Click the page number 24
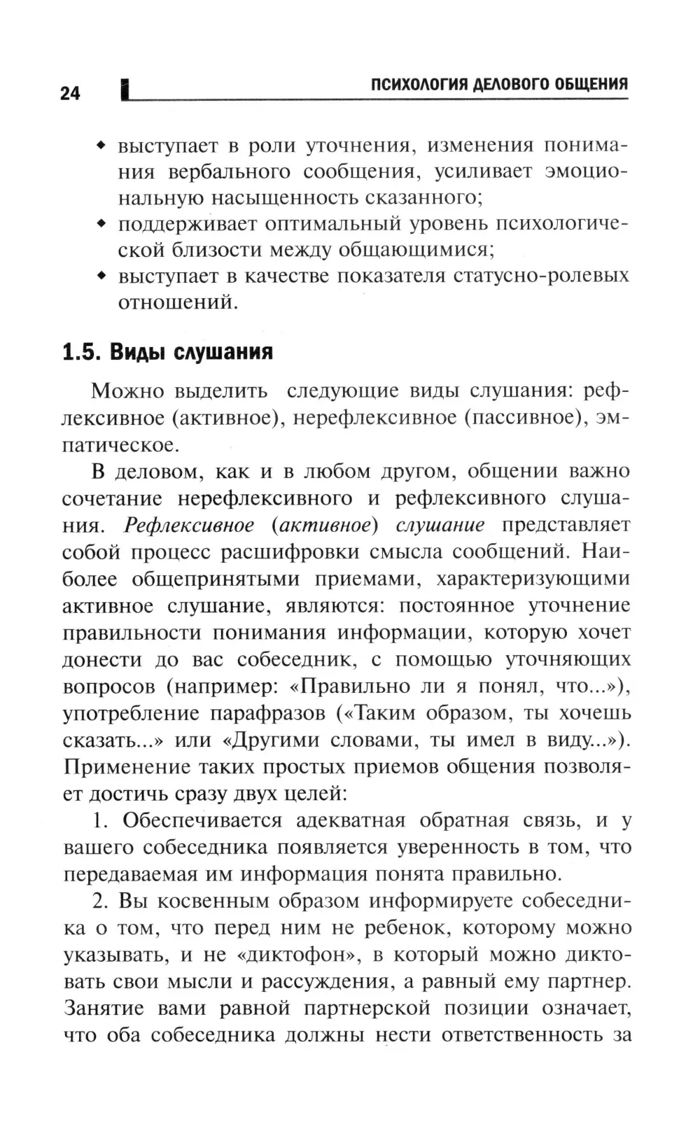tap(70, 93)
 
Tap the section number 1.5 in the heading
tap(79, 351)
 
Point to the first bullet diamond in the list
tap(101, 146)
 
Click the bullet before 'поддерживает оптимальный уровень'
tap(101, 224)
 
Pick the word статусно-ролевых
tap(541, 276)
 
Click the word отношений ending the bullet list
tap(175, 302)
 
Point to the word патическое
tap(118, 444)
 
